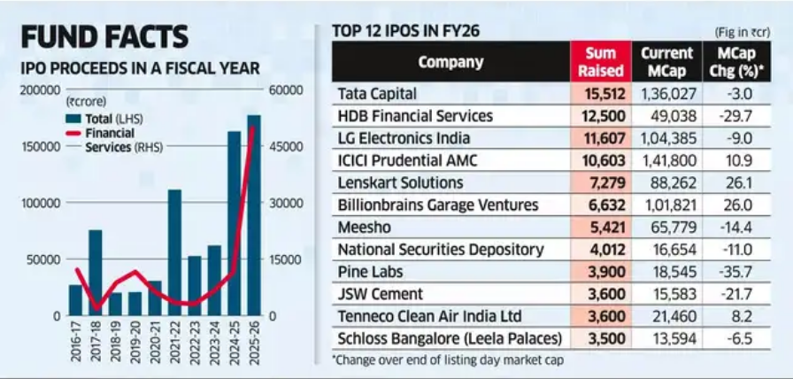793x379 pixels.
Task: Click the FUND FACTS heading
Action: (104, 36)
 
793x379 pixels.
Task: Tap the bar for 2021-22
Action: (174, 252)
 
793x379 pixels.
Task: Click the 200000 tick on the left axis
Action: (41, 90)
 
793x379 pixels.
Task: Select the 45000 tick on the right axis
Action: (287, 147)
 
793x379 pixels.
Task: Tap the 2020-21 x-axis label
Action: (155, 345)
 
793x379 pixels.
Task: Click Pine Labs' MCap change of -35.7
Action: (741, 271)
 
